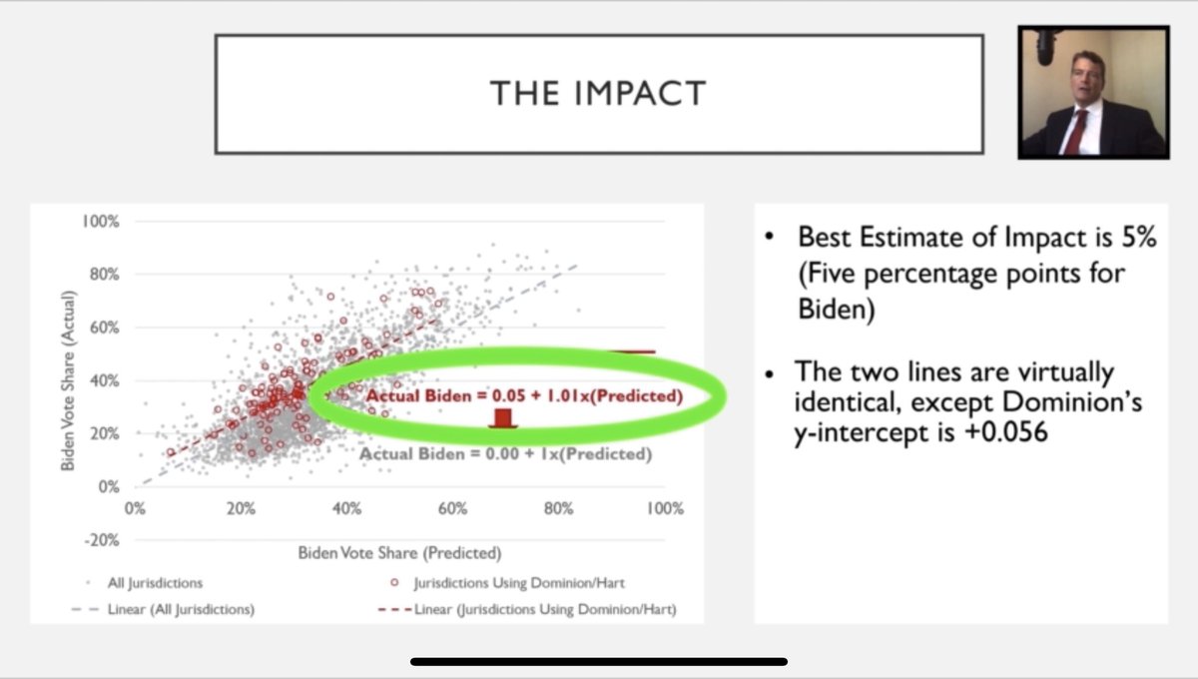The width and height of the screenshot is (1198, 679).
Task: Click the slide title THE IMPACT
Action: click(598, 93)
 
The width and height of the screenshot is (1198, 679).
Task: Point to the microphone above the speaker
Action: click(1044, 46)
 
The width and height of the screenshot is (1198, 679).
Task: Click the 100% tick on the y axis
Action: click(101, 221)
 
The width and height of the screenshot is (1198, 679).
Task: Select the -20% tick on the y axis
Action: click(101, 540)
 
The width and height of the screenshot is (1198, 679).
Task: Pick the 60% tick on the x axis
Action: click(452, 508)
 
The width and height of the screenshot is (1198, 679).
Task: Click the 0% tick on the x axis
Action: click(135, 508)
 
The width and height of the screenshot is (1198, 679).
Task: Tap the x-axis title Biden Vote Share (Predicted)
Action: click(399, 552)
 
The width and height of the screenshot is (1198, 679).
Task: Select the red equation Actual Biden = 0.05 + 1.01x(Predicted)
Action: click(524, 396)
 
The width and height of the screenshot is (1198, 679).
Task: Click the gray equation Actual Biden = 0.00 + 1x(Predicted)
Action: click(505, 454)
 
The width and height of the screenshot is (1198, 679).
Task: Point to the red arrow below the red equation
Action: click(503, 418)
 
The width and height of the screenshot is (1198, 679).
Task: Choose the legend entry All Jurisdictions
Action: click(155, 582)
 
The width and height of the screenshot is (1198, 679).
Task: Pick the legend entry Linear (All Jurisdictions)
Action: click(180, 609)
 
